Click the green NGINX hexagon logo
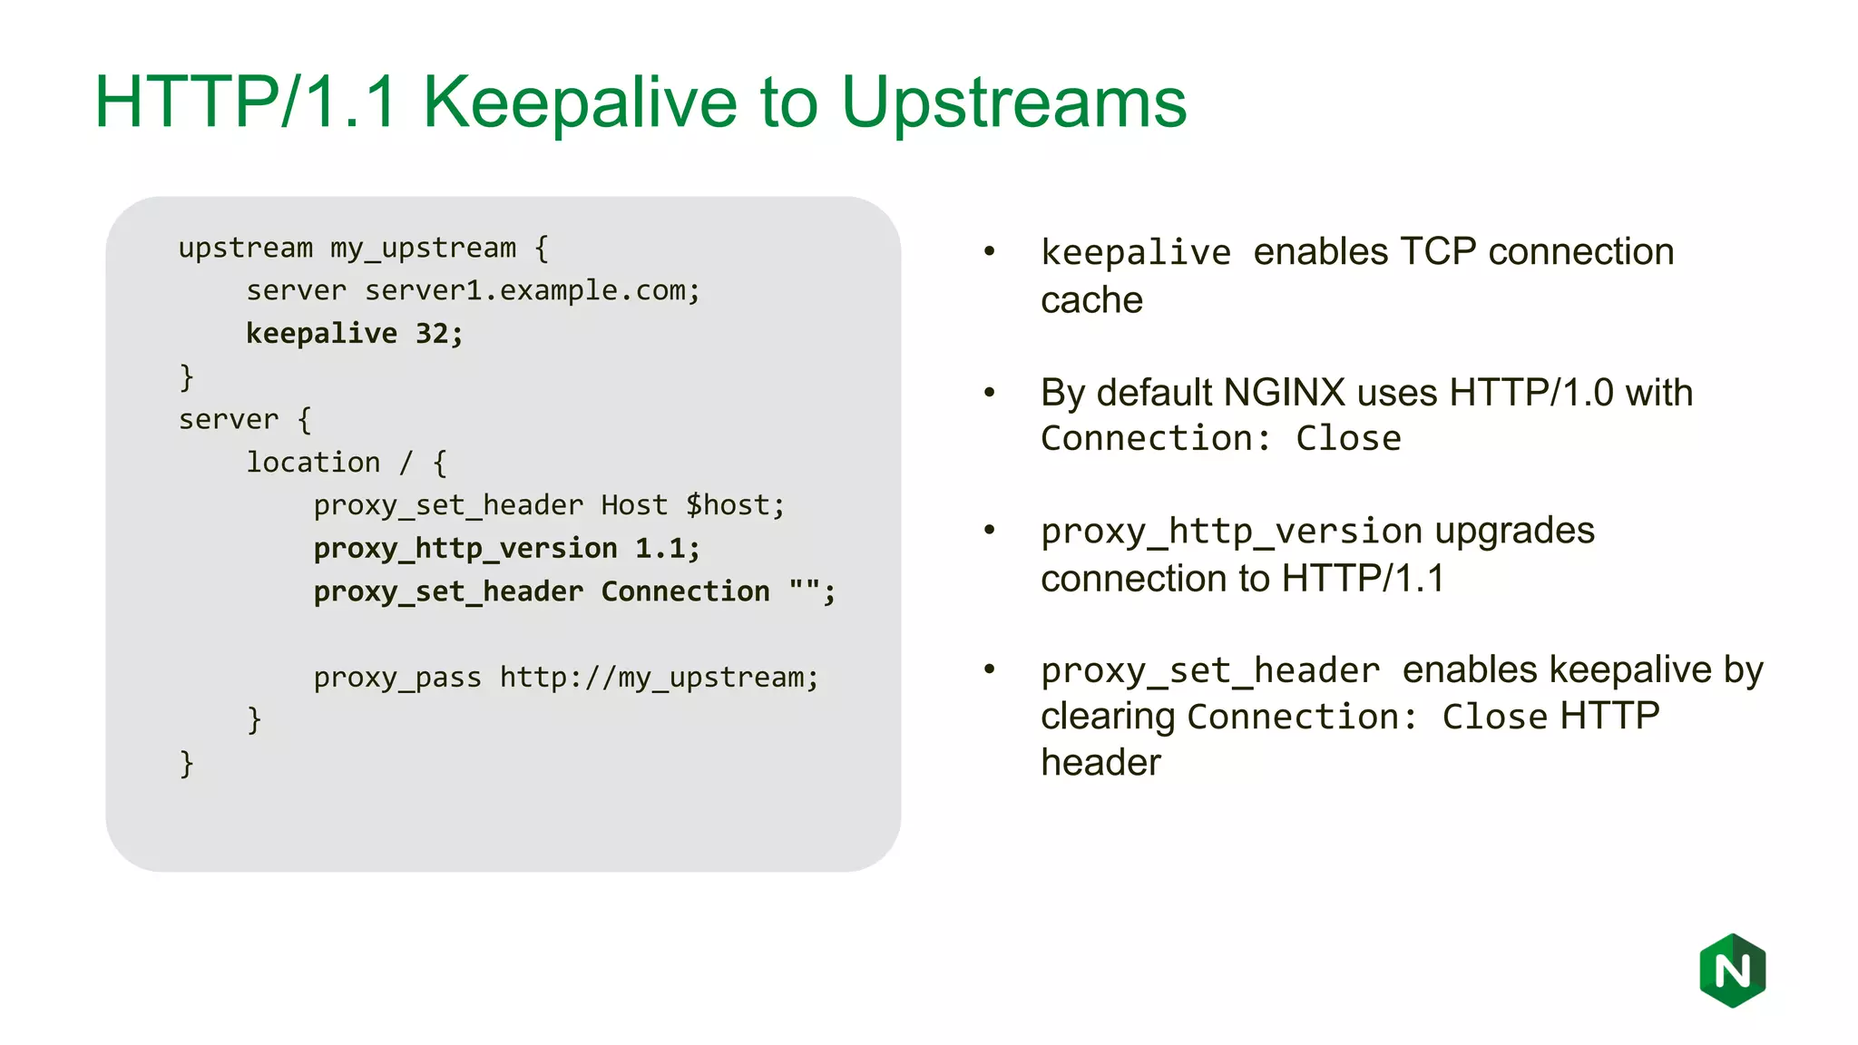(1732, 971)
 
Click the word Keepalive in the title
(580, 103)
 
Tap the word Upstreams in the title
(1013, 103)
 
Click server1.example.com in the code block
(532, 291)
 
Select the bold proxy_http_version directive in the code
(465, 549)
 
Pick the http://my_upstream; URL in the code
(659, 678)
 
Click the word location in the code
(313, 463)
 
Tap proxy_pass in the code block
(397, 678)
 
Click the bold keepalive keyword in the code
(321, 334)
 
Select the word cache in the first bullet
(1091, 300)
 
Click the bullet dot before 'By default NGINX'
(990, 393)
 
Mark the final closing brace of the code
(186, 764)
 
